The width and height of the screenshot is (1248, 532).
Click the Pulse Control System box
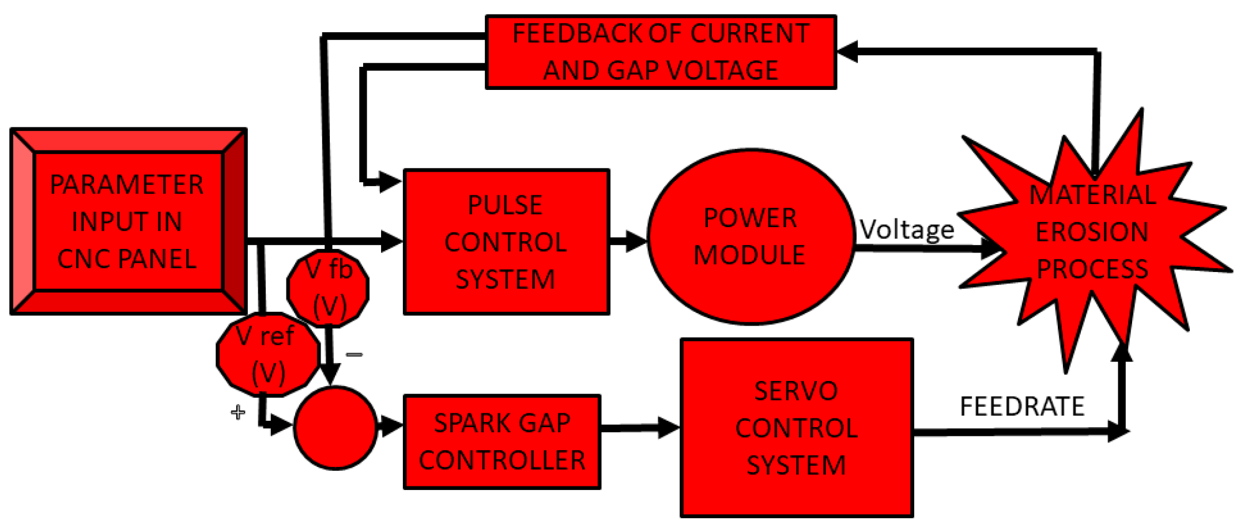point(506,242)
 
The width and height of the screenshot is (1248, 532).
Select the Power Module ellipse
point(751,237)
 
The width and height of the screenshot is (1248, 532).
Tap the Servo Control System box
point(797,428)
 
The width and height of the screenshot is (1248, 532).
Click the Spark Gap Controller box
point(502,442)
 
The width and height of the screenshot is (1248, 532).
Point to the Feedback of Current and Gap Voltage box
point(661,52)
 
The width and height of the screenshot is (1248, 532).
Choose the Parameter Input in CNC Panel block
point(128,221)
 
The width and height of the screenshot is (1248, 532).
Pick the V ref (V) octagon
point(267,354)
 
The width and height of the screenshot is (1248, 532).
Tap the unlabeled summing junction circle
point(335,428)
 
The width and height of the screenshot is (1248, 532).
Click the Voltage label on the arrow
point(907,229)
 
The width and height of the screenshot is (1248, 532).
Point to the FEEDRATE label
point(1021,406)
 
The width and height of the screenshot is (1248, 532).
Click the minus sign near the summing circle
point(354,354)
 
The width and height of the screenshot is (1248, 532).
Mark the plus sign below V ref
point(237,413)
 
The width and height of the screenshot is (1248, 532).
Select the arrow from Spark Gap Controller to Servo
point(640,428)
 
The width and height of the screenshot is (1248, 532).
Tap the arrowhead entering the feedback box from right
point(847,51)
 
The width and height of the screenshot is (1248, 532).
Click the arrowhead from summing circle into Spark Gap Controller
point(391,427)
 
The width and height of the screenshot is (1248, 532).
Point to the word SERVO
point(795,391)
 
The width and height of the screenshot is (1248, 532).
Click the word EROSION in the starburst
point(1092,232)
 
